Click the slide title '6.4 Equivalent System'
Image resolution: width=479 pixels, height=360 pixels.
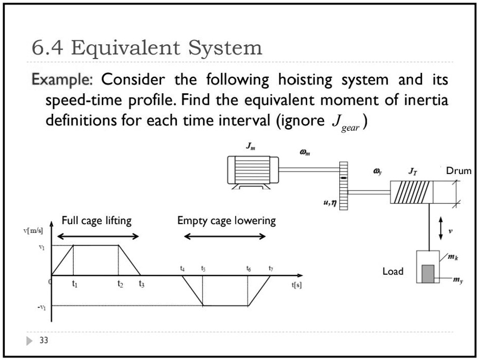pyautogui.click(x=147, y=48)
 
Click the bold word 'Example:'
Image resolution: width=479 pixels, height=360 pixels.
pyautogui.click(x=62, y=80)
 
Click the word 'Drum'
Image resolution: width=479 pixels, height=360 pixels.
pyautogui.click(x=458, y=171)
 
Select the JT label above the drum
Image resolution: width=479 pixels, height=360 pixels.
pyautogui.click(x=413, y=171)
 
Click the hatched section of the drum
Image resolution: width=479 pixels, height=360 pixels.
pyautogui.click(x=410, y=192)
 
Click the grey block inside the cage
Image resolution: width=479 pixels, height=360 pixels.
pyautogui.click(x=427, y=273)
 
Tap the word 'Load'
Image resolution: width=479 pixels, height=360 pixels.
pyautogui.click(x=393, y=271)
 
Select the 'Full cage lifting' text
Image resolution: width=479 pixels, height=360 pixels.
pyautogui.click(x=96, y=220)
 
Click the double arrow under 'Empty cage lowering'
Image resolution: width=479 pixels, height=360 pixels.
pyautogui.click(x=225, y=237)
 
